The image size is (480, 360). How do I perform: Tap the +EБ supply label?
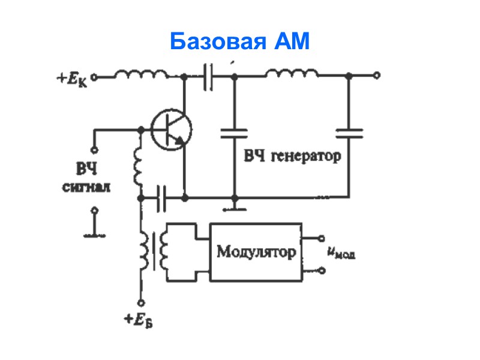pyautogui.click(x=138, y=320)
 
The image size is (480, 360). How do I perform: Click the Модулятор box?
pyautogui.click(x=256, y=251)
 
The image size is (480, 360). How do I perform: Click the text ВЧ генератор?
pyautogui.click(x=292, y=157)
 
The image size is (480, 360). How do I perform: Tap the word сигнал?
pyautogui.click(x=88, y=187)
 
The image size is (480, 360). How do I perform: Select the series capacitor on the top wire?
pyautogui.click(x=208, y=77)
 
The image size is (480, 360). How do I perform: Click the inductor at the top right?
pyautogui.click(x=292, y=74)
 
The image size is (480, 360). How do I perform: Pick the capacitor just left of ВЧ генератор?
pyautogui.click(x=233, y=133)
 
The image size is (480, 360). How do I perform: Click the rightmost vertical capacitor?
pyautogui.click(x=349, y=133)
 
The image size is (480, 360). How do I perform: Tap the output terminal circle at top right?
pyautogui.click(x=376, y=76)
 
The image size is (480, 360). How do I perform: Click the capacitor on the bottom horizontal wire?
pyautogui.click(x=160, y=197)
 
